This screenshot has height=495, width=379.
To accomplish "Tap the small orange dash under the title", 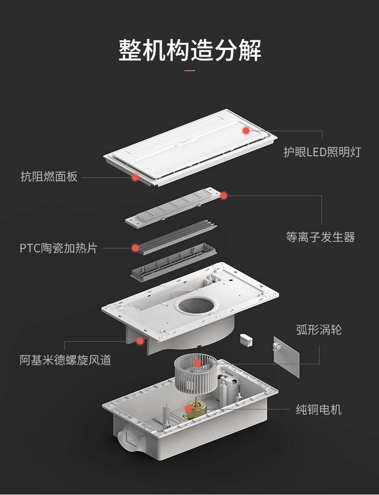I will click(190, 71).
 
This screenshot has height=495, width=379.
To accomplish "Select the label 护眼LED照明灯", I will click(321, 152).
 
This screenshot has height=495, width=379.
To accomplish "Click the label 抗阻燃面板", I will click(49, 176).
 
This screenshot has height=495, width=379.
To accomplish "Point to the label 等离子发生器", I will click(320, 237).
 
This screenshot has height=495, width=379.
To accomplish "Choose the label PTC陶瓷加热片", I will click(59, 248).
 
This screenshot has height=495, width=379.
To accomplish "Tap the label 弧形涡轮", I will click(319, 330).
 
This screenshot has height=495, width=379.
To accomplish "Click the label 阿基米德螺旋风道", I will click(65, 359).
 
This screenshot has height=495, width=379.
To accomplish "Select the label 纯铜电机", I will click(319, 409).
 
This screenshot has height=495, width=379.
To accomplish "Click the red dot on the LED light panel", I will click(246, 130).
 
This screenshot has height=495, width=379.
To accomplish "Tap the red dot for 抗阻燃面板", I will click(135, 177).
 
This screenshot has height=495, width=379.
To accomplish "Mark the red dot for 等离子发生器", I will click(224, 196).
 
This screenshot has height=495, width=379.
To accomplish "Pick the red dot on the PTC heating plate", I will click(135, 248).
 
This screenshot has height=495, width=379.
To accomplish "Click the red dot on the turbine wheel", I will click(198, 363).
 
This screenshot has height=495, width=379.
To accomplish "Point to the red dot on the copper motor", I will click(189, 409).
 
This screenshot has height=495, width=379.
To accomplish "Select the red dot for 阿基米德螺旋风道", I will click(140, 341).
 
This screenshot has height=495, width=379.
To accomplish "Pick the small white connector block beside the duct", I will click(246, 339).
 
